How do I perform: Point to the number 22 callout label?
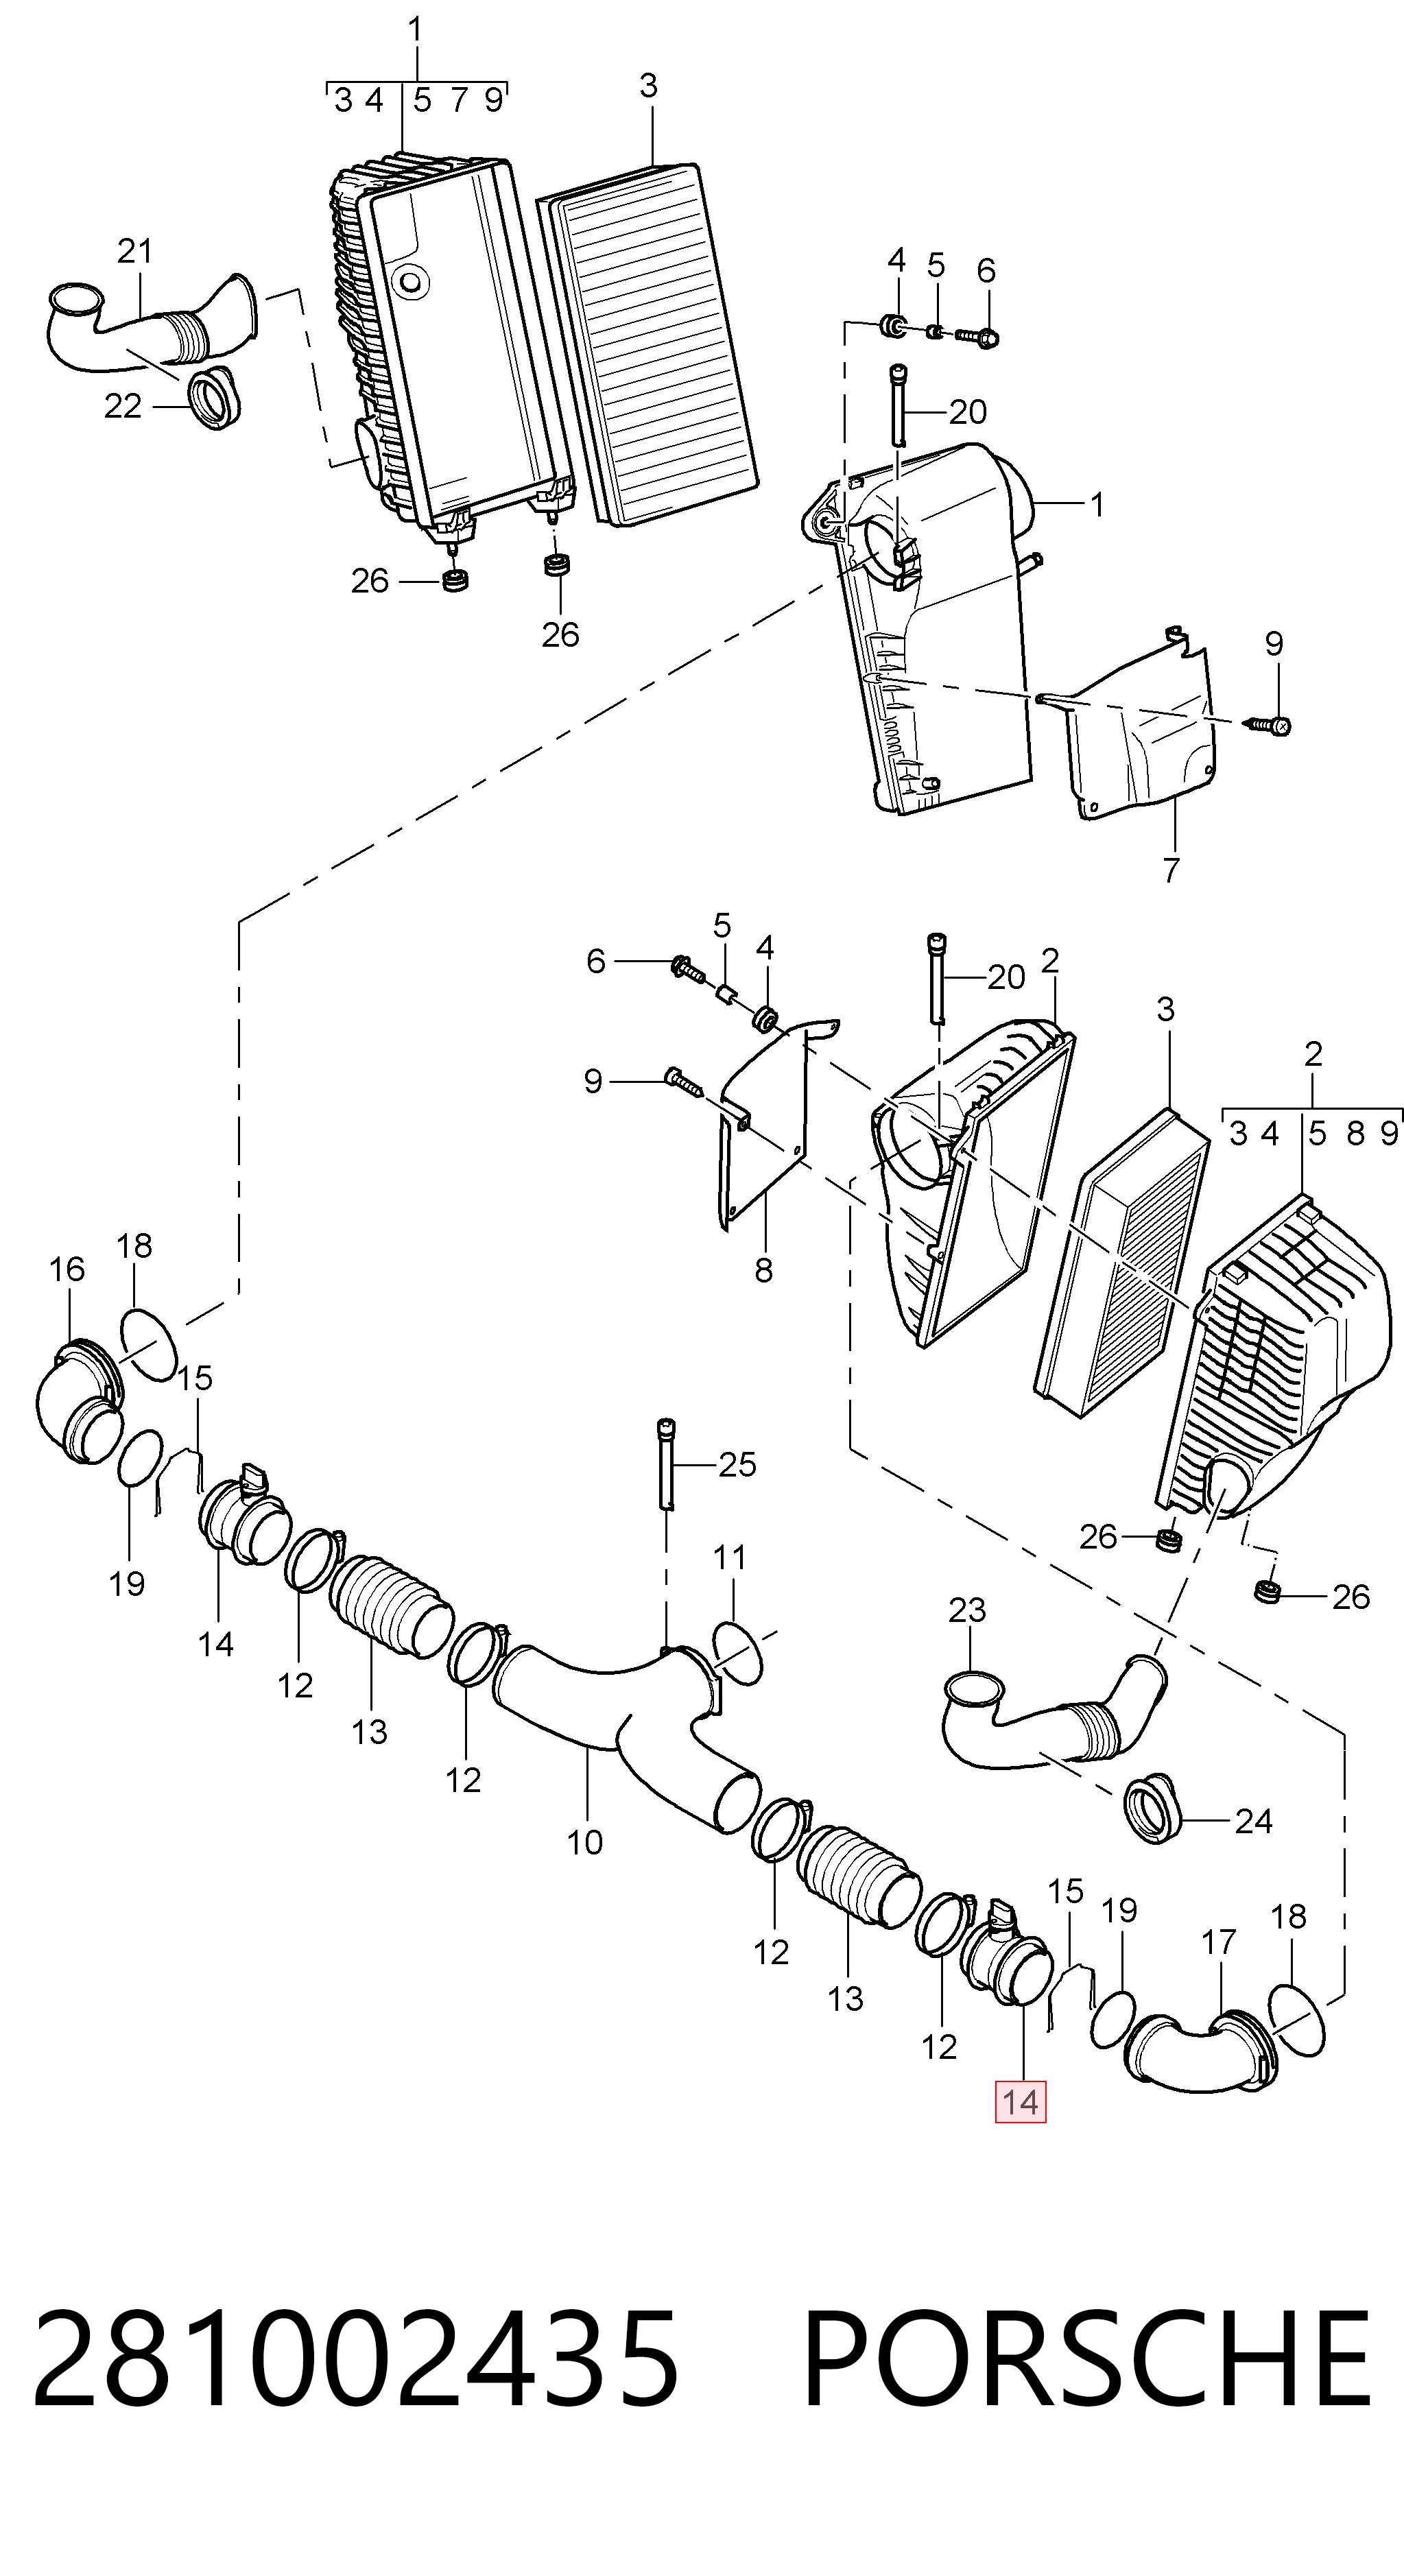123,407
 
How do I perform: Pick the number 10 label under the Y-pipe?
585,1841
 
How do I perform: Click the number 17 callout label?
1219,1940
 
